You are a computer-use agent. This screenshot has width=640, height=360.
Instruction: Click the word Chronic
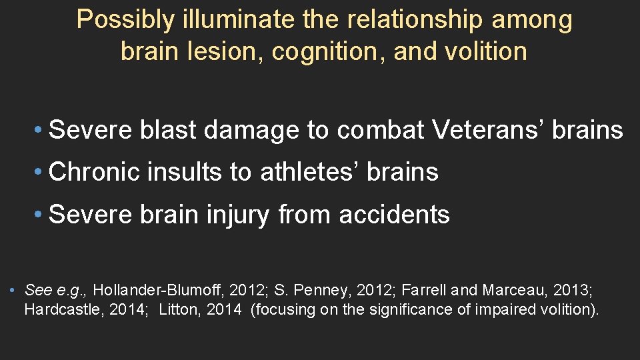click(95, 172)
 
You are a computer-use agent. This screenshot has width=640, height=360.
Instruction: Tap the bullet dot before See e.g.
click(13, 291)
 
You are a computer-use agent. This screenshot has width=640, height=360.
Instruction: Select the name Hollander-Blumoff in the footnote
click(161, 291)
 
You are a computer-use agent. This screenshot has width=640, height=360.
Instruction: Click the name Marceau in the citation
click(509, 291)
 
